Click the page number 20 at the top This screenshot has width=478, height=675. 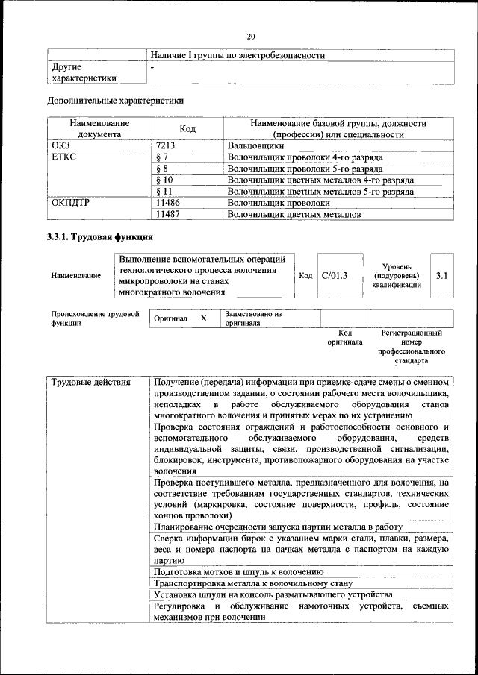coord(251,35)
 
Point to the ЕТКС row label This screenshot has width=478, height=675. coord(65,157)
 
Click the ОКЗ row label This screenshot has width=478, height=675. coord(61,145)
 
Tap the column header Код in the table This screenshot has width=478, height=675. coord(187,128)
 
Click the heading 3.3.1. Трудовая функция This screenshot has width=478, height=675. coord(100,238)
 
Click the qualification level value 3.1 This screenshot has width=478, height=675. coord(441,276)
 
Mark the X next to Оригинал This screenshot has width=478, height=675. coord(203,318)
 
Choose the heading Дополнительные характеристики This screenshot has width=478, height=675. coord(115,101)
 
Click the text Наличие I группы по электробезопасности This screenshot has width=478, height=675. coord(238,55)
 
